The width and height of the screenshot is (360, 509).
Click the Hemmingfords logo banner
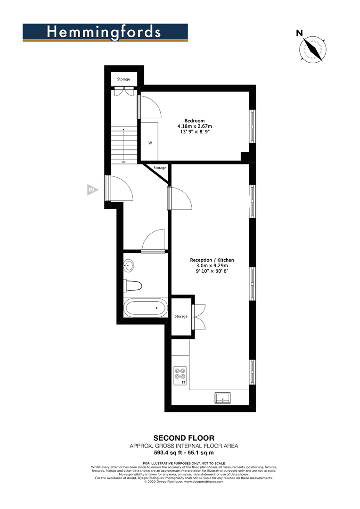[x=105, y=33]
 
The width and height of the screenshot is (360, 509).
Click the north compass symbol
[x=312, y=49]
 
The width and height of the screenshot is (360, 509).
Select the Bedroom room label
[x=195, y=120]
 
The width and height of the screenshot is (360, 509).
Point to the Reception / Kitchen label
[x=212, y=260]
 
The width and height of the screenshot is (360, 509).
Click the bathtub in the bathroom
[x=145, y=309]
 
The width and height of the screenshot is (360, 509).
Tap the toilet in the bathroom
[x=133, y=286]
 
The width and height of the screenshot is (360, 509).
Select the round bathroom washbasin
[x=129, y=265]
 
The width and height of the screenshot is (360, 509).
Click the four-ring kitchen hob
[x=180, y=373]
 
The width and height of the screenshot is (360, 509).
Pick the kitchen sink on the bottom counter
[x=223, y=398]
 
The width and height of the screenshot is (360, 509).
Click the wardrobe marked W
[x=150, y=143]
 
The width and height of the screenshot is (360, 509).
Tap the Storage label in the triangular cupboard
[x=160, y=168]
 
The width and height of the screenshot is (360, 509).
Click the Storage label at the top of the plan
[x=123, y=79]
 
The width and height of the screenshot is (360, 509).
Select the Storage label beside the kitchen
[x=181, y=316]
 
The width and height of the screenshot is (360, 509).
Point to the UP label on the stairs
[x=123, y=162]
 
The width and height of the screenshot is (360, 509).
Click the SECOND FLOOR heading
[x=181, y=438]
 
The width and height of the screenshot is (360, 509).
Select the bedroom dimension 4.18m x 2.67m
[x=195, y=126]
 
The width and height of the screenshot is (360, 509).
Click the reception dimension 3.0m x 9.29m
[x=212, y=266]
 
